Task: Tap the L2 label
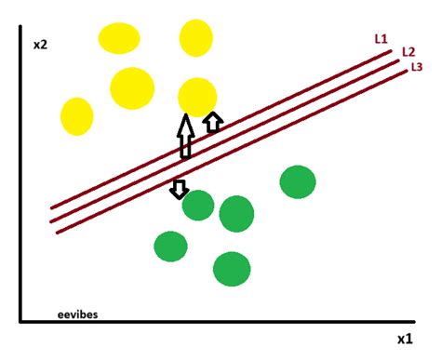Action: coord(408,52)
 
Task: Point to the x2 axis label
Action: coord(40,44)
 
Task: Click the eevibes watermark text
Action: coord(77,314)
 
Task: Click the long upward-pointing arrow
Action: coord(185,135)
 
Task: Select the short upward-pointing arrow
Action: coord(213,122)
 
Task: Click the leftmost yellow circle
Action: coord(77,116)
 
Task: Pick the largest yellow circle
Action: coord(131,87)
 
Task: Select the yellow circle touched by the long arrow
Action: coord(196,96)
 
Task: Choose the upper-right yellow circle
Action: coord(196,38)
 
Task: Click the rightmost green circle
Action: coord(298,182)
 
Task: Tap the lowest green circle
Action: coord(232,269)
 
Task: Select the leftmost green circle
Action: coord(171,247)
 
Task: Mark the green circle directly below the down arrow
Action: coord(198,206)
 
